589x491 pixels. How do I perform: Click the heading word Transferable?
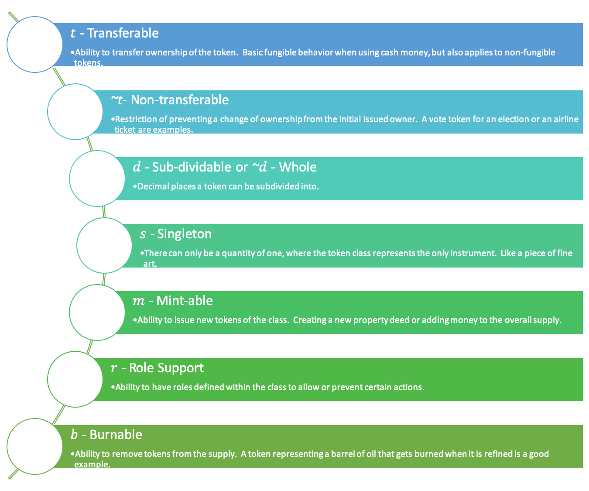pyautogui.click(x=123, y=33)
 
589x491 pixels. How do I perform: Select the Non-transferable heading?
pyautogui.click(x=179, y=100)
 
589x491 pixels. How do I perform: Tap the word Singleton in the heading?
pyautogui.click(x=184, y=234)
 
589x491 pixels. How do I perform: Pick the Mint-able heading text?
pyautogui.click(x=185, y=301)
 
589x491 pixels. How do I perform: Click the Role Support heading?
pyautogui.click(x=166, y=368)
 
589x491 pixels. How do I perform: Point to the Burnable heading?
pyautogui.click(x=116, y=435)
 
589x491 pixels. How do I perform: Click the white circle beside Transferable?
pyautogui.click(x=35, y=45)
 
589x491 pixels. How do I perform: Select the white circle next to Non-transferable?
pyautogui.click(x=75, y=112)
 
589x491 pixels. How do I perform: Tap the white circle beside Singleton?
pyautogui.click(x=104, y=245)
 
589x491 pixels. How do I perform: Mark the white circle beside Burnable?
pyautogui.click(x=35, y=446)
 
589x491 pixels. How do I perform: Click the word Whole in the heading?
pyautogui.click(x=298, y=167)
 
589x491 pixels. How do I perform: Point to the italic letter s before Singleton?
pyautogui.click(x=143, y=234)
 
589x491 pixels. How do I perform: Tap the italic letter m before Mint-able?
pyautogui.click(x=138, y=301)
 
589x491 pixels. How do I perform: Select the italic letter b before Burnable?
pyautogui.click(x=74, y=435)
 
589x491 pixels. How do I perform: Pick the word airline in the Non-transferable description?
pyautogui.click(x=566, y=119)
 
